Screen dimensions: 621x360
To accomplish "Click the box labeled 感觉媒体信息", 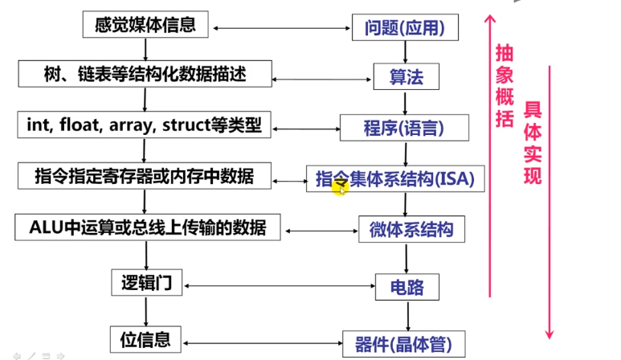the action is (145, 24).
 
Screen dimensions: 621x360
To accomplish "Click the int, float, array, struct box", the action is (145, 125).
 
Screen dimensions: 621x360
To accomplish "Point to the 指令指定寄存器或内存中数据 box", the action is (145, 175).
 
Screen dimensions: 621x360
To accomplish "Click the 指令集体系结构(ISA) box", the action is (395, 178).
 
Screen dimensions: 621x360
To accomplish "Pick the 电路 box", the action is (407, 285).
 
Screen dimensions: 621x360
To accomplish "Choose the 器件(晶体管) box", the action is (404, 345).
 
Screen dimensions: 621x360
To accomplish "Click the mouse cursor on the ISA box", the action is (342, 189).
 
